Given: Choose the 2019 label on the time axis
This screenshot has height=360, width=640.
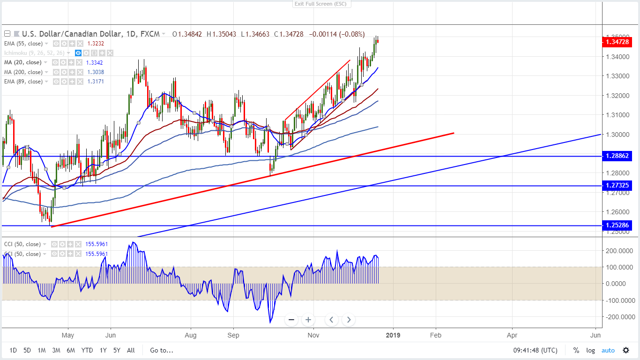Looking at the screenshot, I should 393,336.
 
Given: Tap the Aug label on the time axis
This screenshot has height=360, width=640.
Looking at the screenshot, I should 191,336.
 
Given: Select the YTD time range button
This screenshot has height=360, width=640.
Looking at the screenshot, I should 87,350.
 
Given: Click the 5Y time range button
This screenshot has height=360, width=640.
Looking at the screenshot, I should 116,350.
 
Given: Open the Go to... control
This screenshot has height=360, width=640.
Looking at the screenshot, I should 162,350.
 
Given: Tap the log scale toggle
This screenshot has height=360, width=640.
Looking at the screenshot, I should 590,350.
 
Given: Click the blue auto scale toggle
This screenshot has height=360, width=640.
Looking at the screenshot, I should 608,350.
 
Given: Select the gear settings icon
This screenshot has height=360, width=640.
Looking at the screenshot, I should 626,350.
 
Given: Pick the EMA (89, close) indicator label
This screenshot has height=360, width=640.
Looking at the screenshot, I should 24,82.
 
